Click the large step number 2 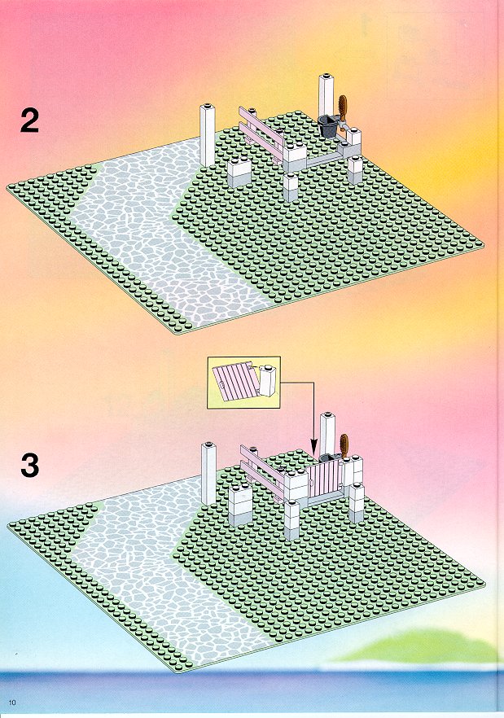pos(29,121)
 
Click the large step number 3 pos(30,466)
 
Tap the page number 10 pos(12,703)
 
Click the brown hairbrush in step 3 pos(344,448)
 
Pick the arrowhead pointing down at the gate pos(313,449)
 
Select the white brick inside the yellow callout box pos(268,381)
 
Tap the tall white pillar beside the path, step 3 pos(208,474)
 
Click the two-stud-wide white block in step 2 pos(239,173)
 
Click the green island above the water pos(419,646)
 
